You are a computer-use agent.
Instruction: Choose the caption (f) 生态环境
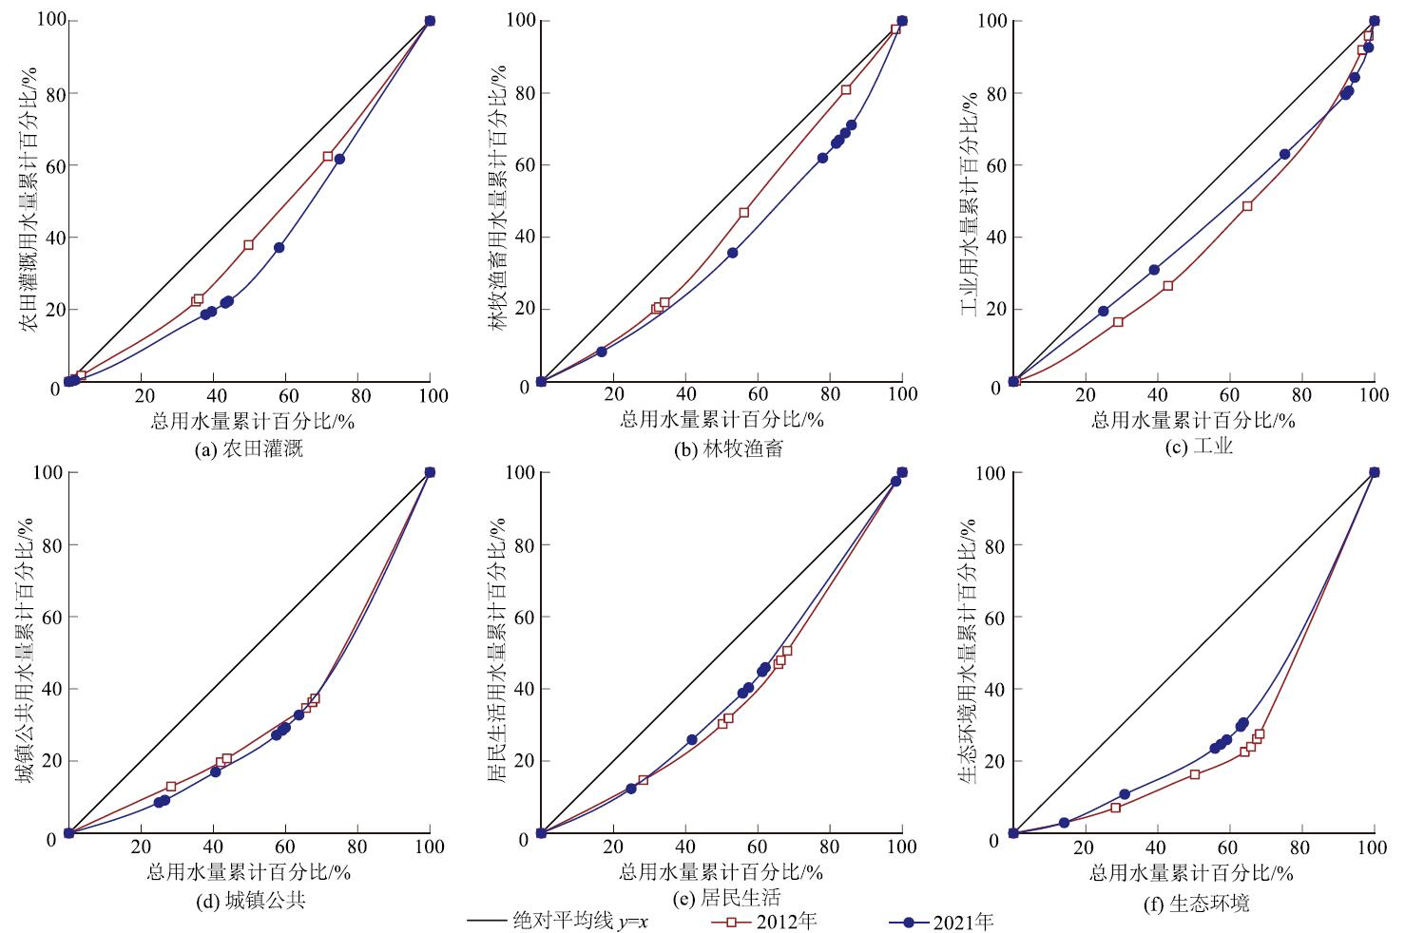[1196, 904]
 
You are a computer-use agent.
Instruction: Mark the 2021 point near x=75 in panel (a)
[339, 159]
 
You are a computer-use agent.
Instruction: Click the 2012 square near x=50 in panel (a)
[249, 244]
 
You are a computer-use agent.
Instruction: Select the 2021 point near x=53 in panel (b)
[733, 253]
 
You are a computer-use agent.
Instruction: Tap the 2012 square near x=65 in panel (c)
[1247, 205]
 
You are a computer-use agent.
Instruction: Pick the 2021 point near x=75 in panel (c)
[1285, 154]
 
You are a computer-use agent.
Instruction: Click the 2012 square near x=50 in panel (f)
[1195, 774]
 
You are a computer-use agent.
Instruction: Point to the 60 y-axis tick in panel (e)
[521, 617]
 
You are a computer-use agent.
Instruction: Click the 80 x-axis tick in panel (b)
[830, 395]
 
